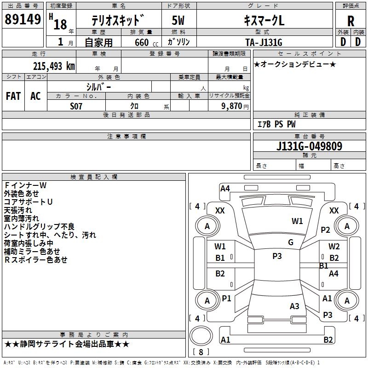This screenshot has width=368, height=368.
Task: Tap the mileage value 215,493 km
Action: click(x=54, y=66)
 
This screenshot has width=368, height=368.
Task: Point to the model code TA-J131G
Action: click(x=264, y=41)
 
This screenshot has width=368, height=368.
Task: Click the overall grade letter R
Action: click(x=351, y=21)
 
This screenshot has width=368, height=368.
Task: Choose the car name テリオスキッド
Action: click(x=119, y=21)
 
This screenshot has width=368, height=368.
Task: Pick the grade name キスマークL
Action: click(x=264, y=21)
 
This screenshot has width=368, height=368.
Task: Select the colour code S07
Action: click(x=76, y=106)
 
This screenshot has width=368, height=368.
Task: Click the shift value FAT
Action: click(x=13, y=96)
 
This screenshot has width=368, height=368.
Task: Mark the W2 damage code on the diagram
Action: click(x=334, y=247)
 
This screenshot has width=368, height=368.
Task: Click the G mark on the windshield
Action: click(x=291, y=242)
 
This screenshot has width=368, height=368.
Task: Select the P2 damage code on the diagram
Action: click(x=326, y=230)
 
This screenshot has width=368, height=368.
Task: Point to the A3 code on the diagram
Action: click(x=294, y=306)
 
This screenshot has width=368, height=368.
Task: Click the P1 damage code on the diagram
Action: click(x=226, y=299)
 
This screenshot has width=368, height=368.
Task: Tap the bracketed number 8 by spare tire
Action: click(x=200, y=352)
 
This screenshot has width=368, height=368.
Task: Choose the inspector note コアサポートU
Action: click(x=28, y=201)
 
